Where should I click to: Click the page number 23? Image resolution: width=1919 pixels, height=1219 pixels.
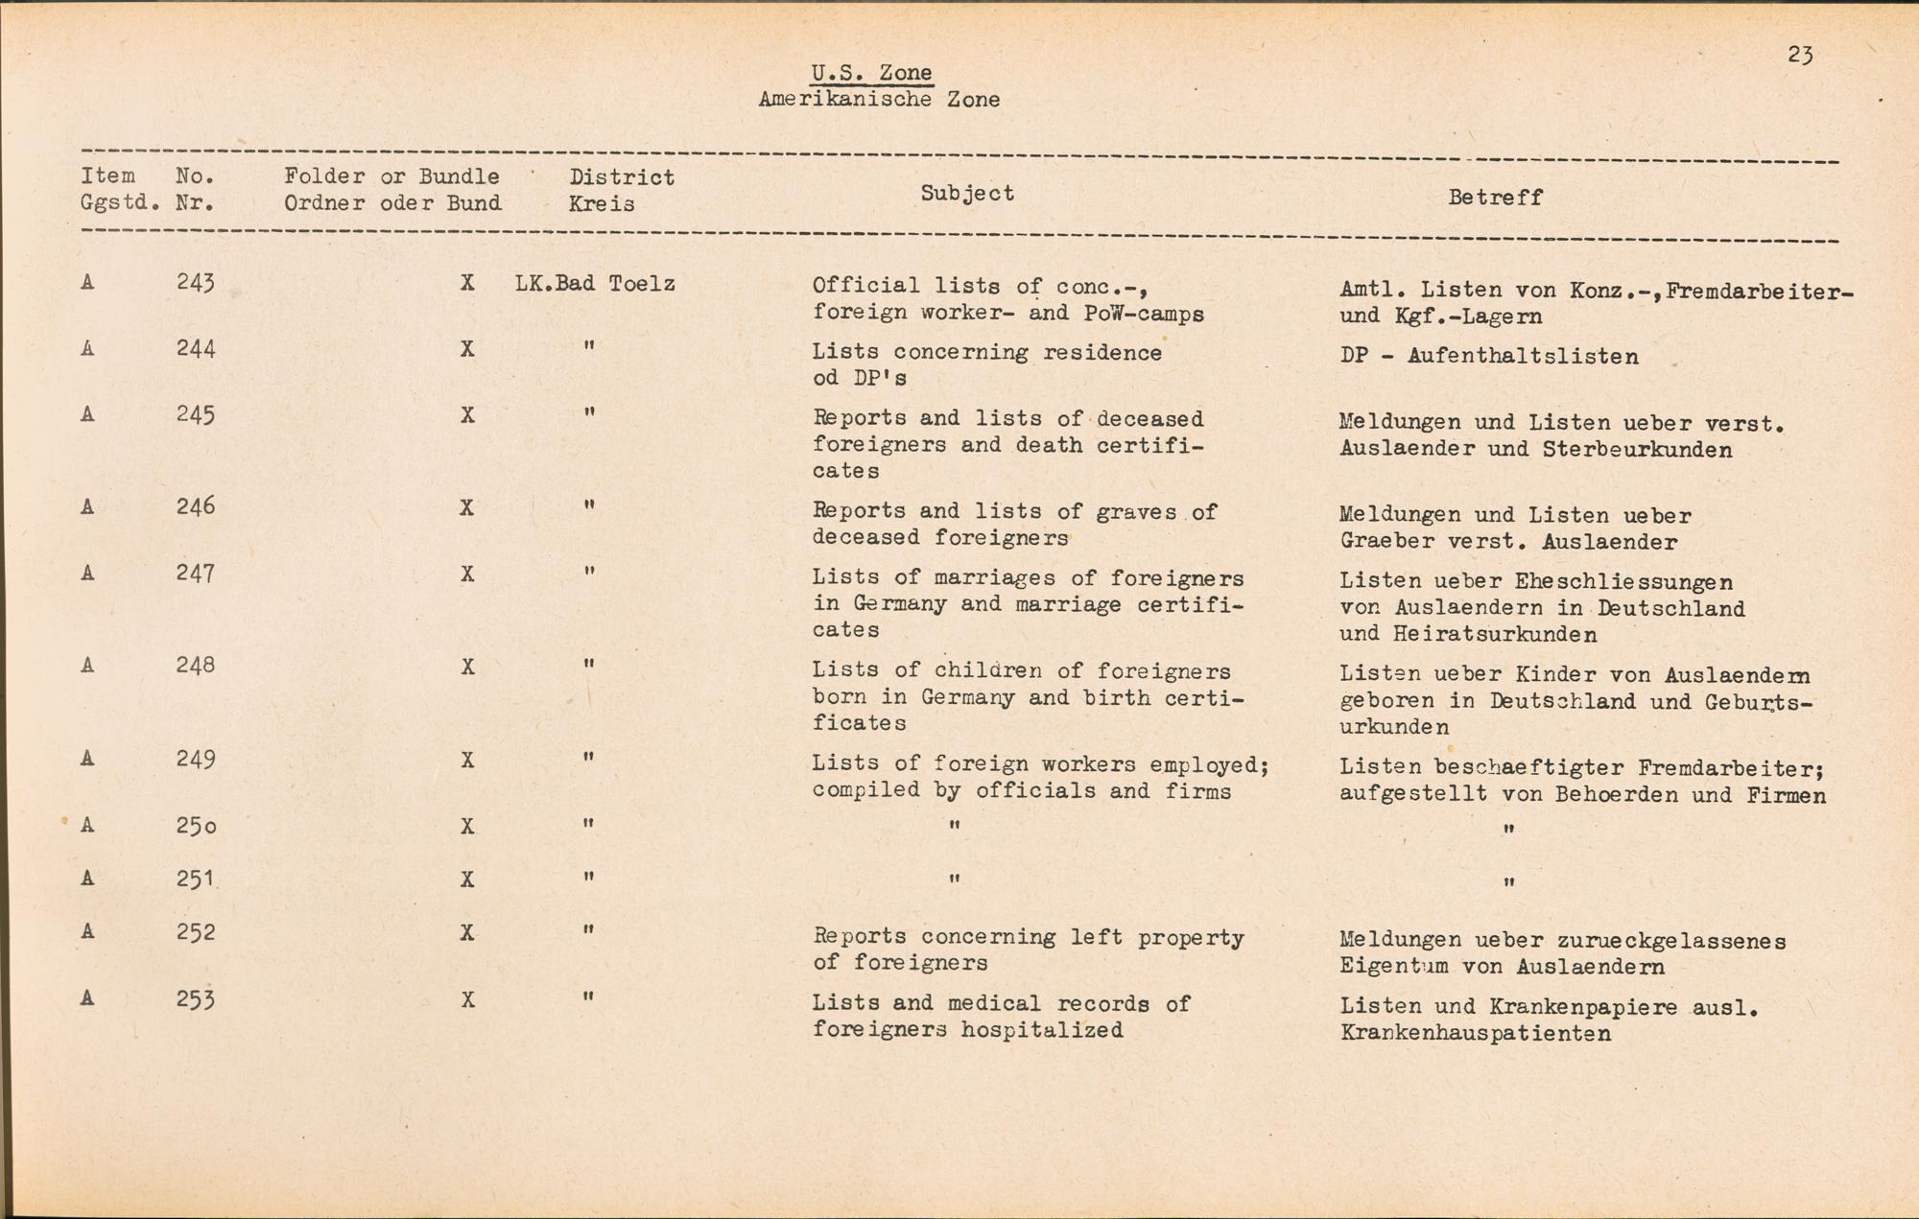1800,56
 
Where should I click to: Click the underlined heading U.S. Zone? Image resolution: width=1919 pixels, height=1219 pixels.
871,73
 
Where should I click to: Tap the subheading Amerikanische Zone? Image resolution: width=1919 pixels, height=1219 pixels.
879,100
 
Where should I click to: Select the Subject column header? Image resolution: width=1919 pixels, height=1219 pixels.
967,193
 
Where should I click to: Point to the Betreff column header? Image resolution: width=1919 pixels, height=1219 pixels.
1495,198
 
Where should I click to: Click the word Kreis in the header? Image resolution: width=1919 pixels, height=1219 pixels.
602,204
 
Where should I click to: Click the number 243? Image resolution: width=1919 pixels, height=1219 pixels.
196,283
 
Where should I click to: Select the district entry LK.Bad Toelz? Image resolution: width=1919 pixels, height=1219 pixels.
595,284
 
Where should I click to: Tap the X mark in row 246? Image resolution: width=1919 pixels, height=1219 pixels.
467,507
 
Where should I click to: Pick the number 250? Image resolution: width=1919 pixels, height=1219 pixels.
196,826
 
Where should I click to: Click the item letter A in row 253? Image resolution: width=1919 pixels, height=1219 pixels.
87,998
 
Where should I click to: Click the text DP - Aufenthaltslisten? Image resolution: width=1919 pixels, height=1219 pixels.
1489,357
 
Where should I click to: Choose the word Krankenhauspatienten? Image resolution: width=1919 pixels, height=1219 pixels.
1475,1034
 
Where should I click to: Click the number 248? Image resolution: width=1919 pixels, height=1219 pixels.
196,666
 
